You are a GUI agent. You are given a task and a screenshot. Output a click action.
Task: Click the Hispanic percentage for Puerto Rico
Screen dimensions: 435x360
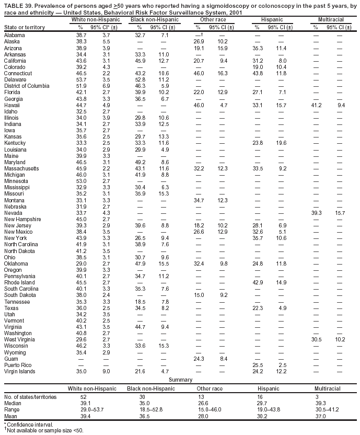257,365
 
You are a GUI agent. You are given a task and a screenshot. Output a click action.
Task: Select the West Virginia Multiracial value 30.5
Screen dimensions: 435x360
317,339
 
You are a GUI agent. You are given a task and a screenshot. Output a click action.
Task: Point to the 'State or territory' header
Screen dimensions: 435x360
24,27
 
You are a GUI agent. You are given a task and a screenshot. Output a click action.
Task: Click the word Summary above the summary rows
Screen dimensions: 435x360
181,380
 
